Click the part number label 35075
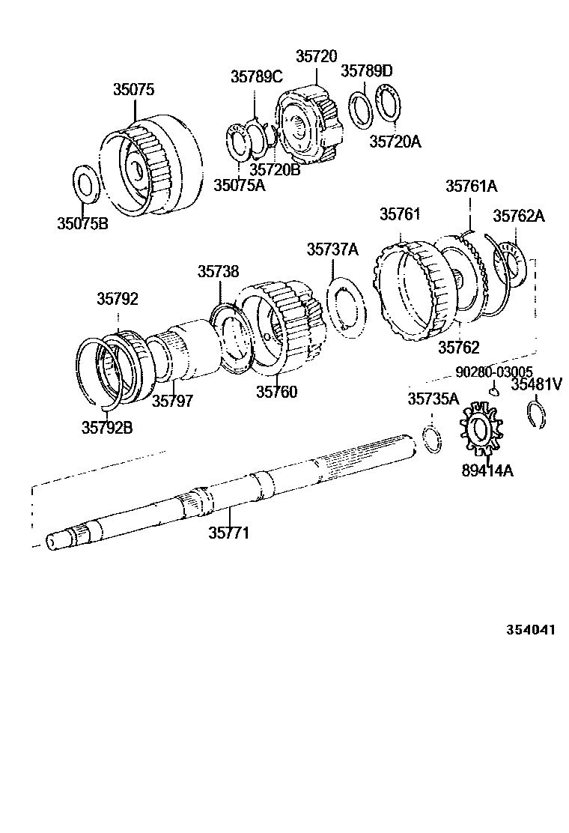point(133,89)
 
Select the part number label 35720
point(316,56)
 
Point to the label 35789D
point(367,71)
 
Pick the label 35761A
point(472,186)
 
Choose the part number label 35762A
point(518,216)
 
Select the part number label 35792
point(117,299)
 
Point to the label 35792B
point(106,428)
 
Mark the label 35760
point(276,391)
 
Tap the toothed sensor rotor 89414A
point(480,428)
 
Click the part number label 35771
point(228,533)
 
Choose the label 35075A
point(239,185)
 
